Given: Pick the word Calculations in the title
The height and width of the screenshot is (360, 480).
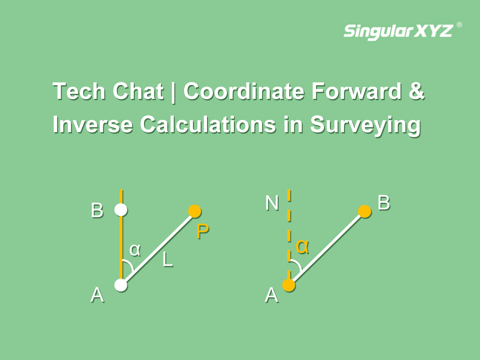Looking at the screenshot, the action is point(208,124).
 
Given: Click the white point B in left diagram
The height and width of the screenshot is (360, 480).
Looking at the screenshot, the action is point(121,210).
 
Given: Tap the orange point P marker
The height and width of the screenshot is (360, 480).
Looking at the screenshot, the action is point(195,211).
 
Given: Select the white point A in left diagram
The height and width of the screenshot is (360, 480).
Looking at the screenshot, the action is point(121,285).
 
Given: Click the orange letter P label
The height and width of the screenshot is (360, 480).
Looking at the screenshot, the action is point(203,231).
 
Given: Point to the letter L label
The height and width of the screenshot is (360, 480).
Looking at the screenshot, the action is point(167,260).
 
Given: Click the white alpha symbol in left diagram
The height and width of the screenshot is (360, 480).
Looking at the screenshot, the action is point(135,250).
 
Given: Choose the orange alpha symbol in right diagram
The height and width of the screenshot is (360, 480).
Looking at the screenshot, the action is point(302,246).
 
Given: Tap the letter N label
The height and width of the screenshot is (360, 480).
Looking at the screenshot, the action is point(272,203).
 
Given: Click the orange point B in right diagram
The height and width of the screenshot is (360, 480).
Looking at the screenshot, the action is point(364,212).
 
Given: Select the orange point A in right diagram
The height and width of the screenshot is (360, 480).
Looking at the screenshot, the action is point(289,285).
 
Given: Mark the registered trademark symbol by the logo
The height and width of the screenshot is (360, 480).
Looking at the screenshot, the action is point(459,25).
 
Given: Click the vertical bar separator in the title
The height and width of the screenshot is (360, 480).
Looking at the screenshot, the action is point(173,92).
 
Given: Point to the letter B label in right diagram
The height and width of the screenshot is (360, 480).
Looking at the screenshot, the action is point(384,203).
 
